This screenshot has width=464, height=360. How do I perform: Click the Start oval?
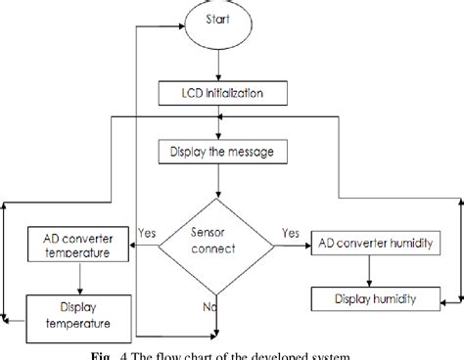[217, 22]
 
